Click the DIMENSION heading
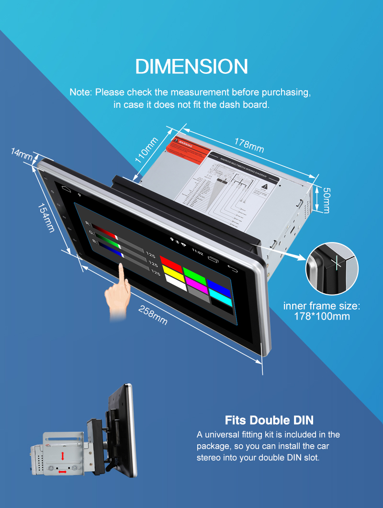191,67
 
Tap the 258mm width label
153,315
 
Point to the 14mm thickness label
21,154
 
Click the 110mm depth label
146,150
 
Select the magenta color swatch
196,281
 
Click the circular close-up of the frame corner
332,269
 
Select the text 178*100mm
322,316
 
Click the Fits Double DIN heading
269,420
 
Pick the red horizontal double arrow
62,472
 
